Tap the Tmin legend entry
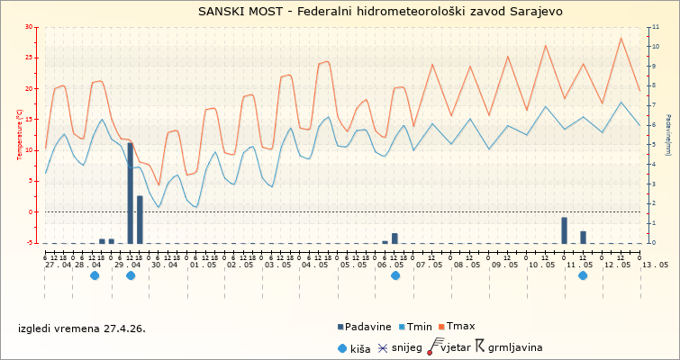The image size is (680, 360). [x=418, y=327]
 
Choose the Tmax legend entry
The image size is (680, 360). [x=458, y=327]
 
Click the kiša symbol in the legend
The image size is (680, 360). [x=340, y=347]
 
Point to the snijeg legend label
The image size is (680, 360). [x=407, y=347]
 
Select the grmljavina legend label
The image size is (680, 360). [x=515, y=347]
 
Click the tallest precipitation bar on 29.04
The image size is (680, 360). [x=130, y=193]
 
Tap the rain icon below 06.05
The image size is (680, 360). [x=395, y=275]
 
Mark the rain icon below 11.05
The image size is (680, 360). [x=583, y=275]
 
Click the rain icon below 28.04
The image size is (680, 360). [x=95, y=275]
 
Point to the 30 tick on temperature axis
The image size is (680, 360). [x=32, y=28]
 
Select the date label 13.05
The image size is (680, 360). [x=655, y=265]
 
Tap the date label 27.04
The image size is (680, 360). [x=59, y=265]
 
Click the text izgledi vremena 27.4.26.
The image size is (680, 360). [x=81, y=328]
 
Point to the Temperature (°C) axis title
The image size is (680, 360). [x=20, y=134]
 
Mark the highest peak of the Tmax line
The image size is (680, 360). [x=621, y=38]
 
